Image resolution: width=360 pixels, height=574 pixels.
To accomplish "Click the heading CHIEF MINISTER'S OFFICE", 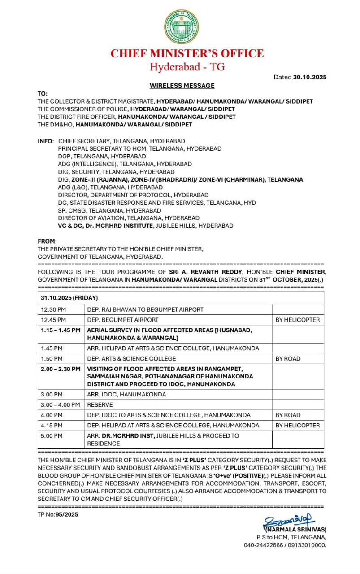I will [187, 53].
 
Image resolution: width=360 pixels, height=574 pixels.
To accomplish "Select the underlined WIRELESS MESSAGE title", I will [182, 86].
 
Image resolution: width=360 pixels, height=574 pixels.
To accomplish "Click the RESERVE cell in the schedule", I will [100, 404].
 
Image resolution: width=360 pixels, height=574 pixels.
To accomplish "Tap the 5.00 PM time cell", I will [52, 435].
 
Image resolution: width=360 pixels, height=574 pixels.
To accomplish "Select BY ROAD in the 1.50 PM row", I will [288, 358].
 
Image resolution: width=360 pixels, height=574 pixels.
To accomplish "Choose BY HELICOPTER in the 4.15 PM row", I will [298, 425].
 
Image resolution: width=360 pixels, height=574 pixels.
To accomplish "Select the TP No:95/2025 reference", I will [58, 514].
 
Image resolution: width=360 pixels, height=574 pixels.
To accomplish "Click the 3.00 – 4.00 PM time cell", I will [60, 404].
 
